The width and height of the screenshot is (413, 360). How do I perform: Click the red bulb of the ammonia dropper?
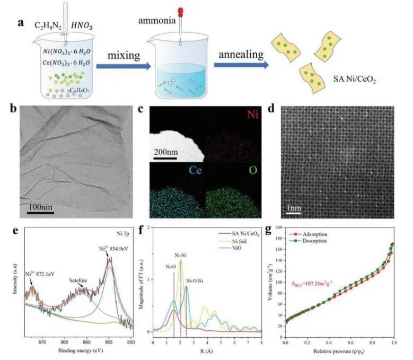click(x=180, y=11)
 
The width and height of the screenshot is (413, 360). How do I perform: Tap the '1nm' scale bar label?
click(x=294, y=209)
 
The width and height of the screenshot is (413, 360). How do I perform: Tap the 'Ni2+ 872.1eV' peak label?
click(x=40, y=275)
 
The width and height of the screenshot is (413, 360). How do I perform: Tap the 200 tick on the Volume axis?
click(x=278, y=227)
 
